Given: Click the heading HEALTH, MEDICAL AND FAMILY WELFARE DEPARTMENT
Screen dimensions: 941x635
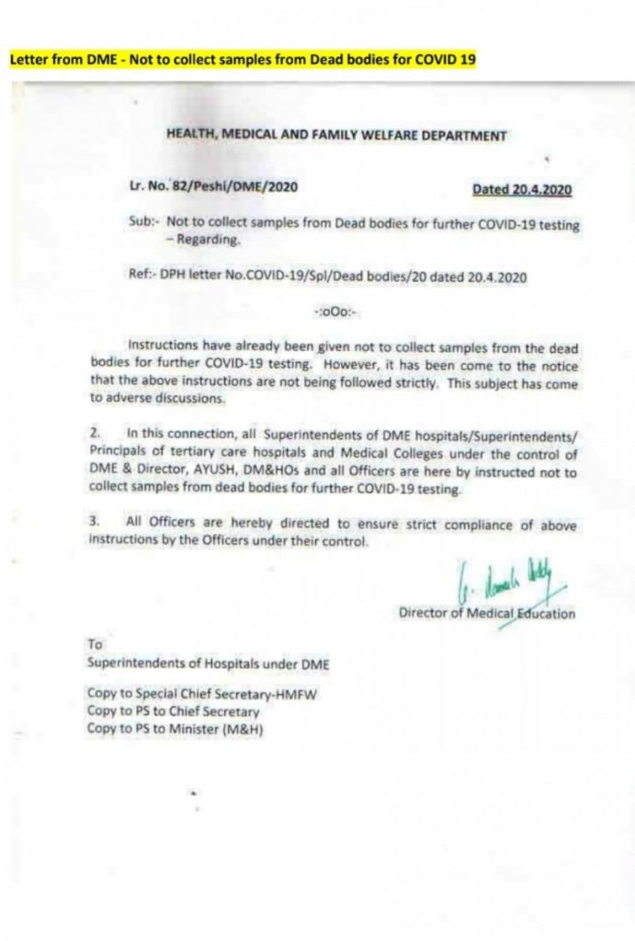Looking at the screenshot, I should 336,135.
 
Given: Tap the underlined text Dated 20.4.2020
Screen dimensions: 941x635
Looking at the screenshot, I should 522,189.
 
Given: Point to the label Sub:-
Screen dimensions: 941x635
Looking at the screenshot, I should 144,223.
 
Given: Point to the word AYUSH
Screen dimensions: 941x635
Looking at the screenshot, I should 219,473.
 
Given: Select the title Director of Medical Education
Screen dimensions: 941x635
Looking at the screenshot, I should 487,613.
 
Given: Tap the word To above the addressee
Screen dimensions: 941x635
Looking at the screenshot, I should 95,645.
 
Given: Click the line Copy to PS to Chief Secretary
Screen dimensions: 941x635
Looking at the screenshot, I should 174,710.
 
